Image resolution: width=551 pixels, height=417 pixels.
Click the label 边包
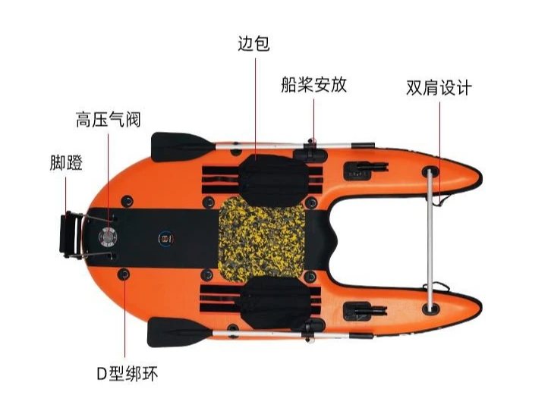[253, 44]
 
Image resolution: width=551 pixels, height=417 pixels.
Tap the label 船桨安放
[313, 85]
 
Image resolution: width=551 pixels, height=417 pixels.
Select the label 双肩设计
[439, 87]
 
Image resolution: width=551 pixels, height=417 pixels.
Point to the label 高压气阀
[109, 119]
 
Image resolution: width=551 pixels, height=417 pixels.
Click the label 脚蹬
[66, 163]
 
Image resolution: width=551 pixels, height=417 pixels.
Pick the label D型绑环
[128, 374]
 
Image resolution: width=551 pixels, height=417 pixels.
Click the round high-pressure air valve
[108, 237]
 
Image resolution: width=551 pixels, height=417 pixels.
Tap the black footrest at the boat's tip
[71, 234]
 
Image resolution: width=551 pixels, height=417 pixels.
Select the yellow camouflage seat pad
[262, 239]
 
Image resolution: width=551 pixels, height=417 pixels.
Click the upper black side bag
[273, 180]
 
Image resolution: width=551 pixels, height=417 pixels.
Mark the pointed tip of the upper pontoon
[481, 179]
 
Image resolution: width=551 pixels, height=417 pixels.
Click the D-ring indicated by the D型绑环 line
[124, 274]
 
